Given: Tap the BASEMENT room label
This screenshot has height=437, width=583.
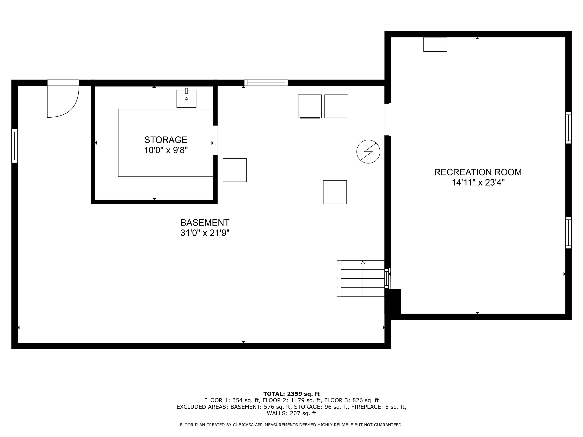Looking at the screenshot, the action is [205, 223].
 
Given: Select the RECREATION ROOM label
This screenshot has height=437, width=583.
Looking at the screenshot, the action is [478, 172].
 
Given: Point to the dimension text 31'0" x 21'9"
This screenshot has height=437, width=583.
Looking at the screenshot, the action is [205, 233].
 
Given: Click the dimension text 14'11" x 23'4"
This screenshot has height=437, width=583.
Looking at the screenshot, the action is [478, 182].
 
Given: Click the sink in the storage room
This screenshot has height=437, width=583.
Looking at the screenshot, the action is [186, 98].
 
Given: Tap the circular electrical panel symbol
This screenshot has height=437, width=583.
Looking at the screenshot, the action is [368, 152].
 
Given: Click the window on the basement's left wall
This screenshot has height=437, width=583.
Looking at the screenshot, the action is [14, 146].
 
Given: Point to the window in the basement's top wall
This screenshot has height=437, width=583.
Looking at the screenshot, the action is [266, 83].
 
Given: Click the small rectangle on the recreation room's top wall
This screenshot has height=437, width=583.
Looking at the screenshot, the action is [435, 44].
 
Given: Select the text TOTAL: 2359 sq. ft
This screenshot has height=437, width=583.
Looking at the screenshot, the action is [291, 394].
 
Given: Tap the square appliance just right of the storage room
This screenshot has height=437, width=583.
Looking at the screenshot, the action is [235, 170].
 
